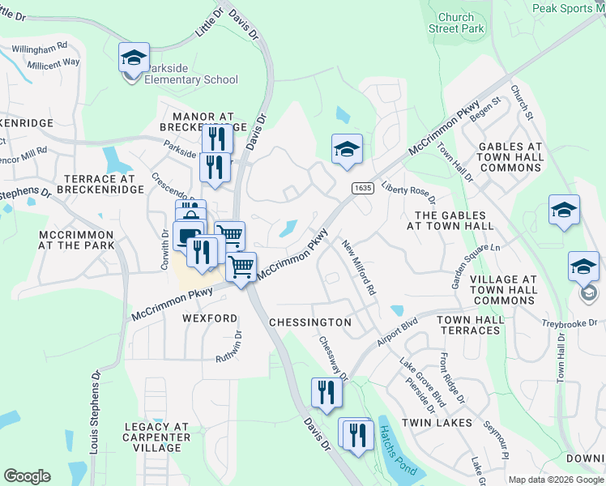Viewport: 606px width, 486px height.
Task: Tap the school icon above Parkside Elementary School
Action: (x=134, y=58)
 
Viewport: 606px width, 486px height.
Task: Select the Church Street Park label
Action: (x=460, y=23)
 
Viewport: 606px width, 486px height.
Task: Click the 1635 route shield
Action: (x=362, y=188)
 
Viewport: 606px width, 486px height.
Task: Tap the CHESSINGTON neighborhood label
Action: (x=311, y=322)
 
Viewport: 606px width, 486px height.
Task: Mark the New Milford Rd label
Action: (x=358, y=266)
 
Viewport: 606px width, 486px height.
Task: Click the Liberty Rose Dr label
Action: (x=409, y=192)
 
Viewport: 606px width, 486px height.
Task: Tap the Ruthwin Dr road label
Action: (x=229, y=346)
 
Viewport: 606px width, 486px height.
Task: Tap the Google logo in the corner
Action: (x=27, y=475)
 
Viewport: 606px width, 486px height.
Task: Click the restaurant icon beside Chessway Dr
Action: (x=326, y=393)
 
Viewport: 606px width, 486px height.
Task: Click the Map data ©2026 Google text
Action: (x=556, y=480)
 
